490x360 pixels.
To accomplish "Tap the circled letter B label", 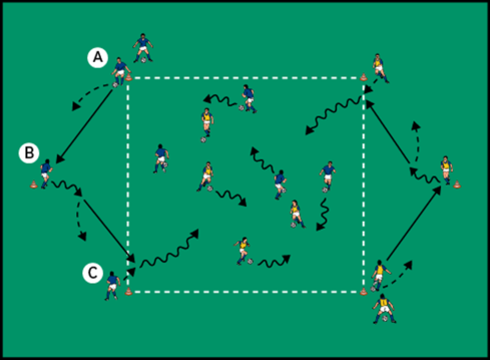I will (x=28, y=153).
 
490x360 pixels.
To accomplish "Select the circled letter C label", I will (x=91, y=273).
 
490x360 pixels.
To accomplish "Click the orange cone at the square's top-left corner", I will (x=128, y=78).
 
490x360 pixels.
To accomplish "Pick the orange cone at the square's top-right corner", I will (x=363, y=77).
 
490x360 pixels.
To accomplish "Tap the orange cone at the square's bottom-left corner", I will (x=128, y=293).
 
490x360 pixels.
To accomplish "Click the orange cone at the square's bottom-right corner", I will (x=363, y=292).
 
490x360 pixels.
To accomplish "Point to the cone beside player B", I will (x=34, y=184).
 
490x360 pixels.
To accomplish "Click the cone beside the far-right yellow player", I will (x=457, y=184).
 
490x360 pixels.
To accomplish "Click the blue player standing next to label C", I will (x=112, y=286).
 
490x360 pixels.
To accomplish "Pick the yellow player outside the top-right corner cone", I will (x=378, y=68).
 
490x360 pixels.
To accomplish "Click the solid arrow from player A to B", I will (x=85, y=124).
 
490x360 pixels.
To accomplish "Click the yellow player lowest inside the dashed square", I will (x=243, y=251).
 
